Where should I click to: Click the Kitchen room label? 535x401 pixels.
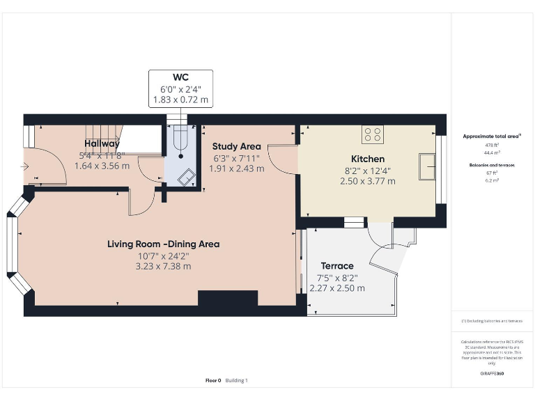tap(368, 159)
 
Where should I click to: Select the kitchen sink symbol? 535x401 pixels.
tap(427, 167)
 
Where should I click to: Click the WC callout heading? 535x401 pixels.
tap(180, 77)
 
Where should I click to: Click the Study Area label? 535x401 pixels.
tap(237, 146)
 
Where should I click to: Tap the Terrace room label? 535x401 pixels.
tap(337, 266)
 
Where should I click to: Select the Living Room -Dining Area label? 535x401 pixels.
tap(163, 244)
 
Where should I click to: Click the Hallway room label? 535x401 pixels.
tap(102, 143)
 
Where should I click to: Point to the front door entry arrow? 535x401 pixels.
tap(26, 166)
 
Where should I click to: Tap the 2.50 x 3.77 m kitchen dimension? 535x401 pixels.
tap(368, 181)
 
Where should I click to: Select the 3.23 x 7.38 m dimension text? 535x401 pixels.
tap(163, 266)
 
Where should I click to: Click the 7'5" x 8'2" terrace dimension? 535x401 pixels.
tap(337, 277)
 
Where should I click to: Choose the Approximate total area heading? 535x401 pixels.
tap(491, 136)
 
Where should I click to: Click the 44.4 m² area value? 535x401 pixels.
tap(491, 152)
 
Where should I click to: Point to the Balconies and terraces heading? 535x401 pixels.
tap(491, 165)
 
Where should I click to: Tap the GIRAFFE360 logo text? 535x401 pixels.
tap(491, 374)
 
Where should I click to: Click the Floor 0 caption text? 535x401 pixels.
tap(213, 380)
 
